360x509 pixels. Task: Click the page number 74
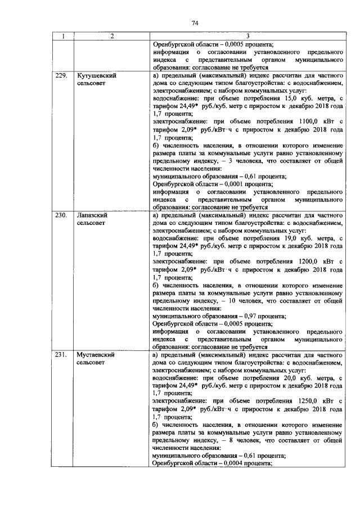(x=195, y=23)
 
